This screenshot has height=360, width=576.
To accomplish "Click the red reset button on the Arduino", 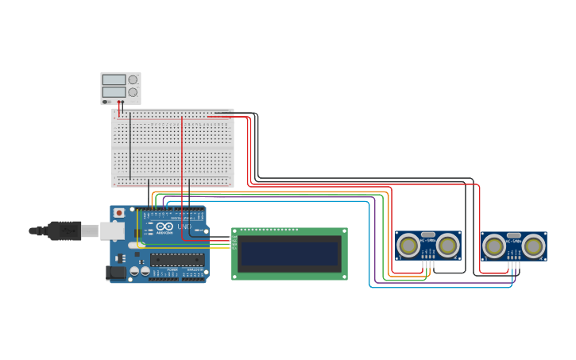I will pos(119,213).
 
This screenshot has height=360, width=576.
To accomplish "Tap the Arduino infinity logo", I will pos(165,226).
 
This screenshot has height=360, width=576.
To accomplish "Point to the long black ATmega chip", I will pos(177,259).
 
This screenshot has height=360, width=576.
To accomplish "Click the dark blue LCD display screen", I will pos(289,254).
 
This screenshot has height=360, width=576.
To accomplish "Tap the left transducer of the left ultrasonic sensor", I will pos(408,246).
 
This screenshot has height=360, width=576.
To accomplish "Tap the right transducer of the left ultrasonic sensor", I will pos(448,246).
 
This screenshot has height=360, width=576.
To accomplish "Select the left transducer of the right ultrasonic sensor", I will pos(494,246).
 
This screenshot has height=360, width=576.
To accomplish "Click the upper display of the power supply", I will pos(114,79).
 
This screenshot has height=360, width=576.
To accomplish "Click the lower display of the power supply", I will pos(114,92).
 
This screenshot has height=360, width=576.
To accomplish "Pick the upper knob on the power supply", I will pos(133,79).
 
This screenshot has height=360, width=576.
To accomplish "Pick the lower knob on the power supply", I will pos(133,92).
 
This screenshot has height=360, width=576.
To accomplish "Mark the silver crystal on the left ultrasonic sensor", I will pos(428,235).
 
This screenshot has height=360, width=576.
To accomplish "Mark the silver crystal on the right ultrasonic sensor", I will pos(514,236).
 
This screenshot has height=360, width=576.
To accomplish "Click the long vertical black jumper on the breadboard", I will pos(130,147).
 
